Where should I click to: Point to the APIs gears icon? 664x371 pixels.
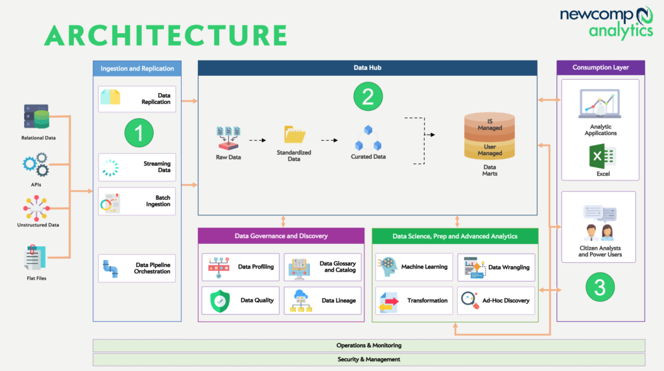click(35, 165)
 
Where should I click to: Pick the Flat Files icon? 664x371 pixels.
click(35, 258)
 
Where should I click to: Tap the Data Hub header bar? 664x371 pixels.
click(367, 67)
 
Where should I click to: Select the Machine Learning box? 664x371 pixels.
click(414, 267)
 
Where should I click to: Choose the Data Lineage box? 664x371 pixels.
click(322, 300)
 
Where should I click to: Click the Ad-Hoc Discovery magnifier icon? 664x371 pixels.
click(469, 300)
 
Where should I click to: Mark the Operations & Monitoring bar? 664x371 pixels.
click(368, 345)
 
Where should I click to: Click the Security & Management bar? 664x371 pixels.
click(368, 359)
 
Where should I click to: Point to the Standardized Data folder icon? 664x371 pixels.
click(294, 134)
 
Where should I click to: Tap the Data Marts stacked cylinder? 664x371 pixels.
click(490, 137)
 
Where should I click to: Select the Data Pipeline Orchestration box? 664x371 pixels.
click(137, 268)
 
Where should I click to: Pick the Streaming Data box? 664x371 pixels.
click(137, 167)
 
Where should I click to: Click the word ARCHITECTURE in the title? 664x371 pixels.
click(165, 35)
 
